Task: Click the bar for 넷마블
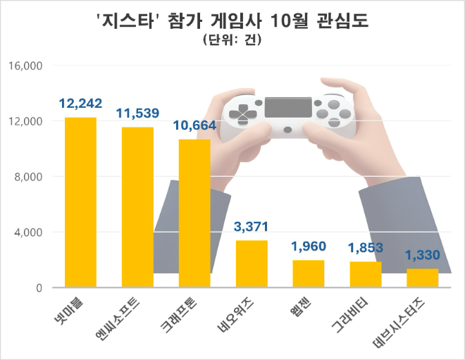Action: pyautogui.click(x=80, y=203)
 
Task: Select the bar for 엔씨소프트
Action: pyautogui.click(x=137, y=208)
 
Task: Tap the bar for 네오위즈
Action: pyautogui.click(x=252, y=264)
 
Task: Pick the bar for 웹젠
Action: pyautogui.click(x=309, y=274)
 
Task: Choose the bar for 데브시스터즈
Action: pyautogui.click(x=423, y=278)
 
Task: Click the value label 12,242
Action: pyautogui.click(x=80, y=104)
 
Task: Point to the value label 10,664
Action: pyautogui.click(x=194, y=125)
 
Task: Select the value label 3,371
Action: pyautogui.click(x=252, y=227)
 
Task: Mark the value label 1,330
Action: pyautogui.click(x=423, y=255)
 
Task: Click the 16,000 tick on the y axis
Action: pyautogui.click(x=25, y=66)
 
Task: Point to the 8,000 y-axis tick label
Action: pyautogui.click(x=28, y=177)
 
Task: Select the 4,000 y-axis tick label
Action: pyautogui.click(x=28, y=232)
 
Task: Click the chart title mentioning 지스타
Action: pyautogui.click(x=232, y=21)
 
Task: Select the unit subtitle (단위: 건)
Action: pyautogui.click(x=232, y=40)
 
